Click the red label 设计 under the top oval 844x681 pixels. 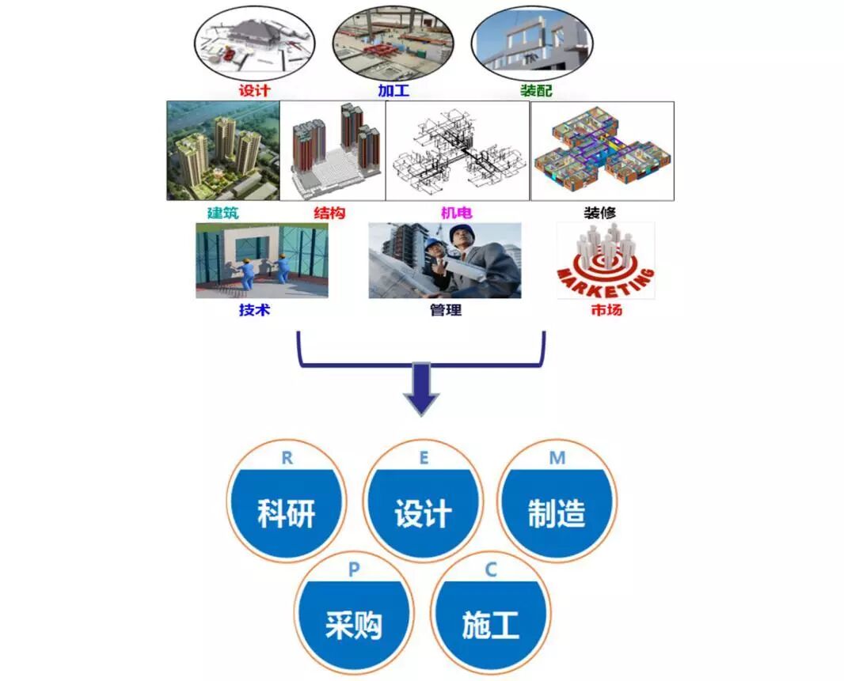click(254, 90)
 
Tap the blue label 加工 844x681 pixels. click(393, 90)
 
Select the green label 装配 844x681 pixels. click(536, 90)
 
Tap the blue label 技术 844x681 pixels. click(254, 309)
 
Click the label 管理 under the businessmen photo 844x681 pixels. click(445, 309)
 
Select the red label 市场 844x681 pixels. click(606, 309)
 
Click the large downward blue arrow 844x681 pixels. click(422, 388)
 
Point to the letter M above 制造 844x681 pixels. click(557, 459)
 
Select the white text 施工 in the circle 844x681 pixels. click(490, 625)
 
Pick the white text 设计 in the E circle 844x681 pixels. click(423, 514)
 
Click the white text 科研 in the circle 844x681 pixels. click(287, 514)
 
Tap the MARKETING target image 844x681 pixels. click(606, 261)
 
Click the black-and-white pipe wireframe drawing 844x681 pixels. click(457, 150)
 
